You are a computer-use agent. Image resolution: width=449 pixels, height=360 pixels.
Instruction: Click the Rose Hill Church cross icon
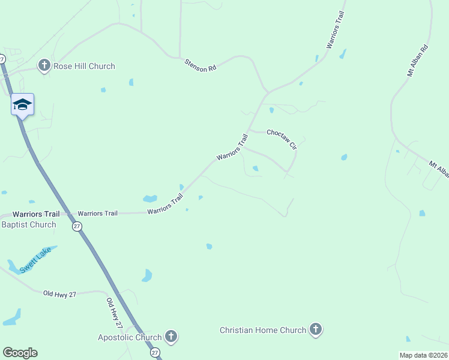point(44,65)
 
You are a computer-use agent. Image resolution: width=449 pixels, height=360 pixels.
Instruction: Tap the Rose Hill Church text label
point(84,66)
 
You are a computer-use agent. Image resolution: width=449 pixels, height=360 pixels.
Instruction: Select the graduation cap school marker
point(23,104)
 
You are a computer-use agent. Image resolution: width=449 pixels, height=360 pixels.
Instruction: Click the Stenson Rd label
point(200,65)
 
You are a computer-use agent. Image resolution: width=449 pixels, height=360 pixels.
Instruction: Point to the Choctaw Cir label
point(282,138)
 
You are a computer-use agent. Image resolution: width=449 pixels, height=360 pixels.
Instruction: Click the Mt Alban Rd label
point(417,61)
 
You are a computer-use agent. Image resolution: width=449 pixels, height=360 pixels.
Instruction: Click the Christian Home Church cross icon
point(316,329)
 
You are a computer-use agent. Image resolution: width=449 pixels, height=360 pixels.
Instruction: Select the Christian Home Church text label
point(263,330)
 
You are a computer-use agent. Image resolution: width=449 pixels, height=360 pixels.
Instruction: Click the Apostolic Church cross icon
point(170,337)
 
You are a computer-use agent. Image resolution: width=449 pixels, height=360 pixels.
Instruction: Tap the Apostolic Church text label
point(130,337)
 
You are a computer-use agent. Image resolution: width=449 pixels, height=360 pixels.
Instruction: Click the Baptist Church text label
point(29,225)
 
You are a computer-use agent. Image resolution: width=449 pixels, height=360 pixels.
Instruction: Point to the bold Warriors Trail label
point(36,214)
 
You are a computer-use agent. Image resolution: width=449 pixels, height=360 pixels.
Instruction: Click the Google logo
point(20,353)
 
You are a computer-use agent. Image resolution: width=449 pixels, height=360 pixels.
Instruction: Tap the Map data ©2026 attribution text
point(424,355)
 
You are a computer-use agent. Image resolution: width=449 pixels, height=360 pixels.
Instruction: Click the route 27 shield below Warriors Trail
point(77,226)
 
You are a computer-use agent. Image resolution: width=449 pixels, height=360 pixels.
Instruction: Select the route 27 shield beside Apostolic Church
point(155,352)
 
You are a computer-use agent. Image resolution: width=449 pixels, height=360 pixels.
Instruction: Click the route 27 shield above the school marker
point(2,59)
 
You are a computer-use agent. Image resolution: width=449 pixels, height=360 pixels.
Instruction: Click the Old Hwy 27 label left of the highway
point(60,293)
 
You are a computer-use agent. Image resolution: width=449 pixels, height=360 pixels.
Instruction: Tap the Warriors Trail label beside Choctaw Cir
point(232,148)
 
